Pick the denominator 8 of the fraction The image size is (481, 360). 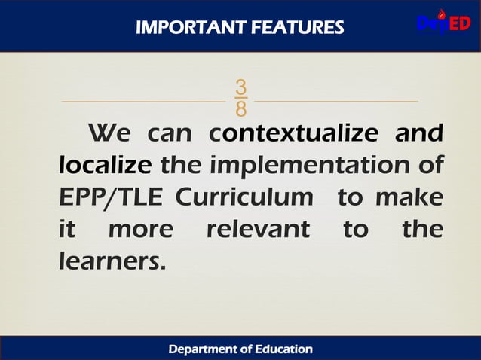[x=240, y=110]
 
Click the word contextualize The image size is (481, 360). [x=294, y=133]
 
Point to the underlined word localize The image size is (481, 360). [x=106, y=164]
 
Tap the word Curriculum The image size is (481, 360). [x=244, y=197]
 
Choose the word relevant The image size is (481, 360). [x=258, y=228]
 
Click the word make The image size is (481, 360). [x=409, y=197]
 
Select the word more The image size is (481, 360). [x=140, y=228]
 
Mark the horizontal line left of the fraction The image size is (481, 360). [x=142, y=100]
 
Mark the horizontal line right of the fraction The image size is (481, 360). [x=336, y=100]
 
